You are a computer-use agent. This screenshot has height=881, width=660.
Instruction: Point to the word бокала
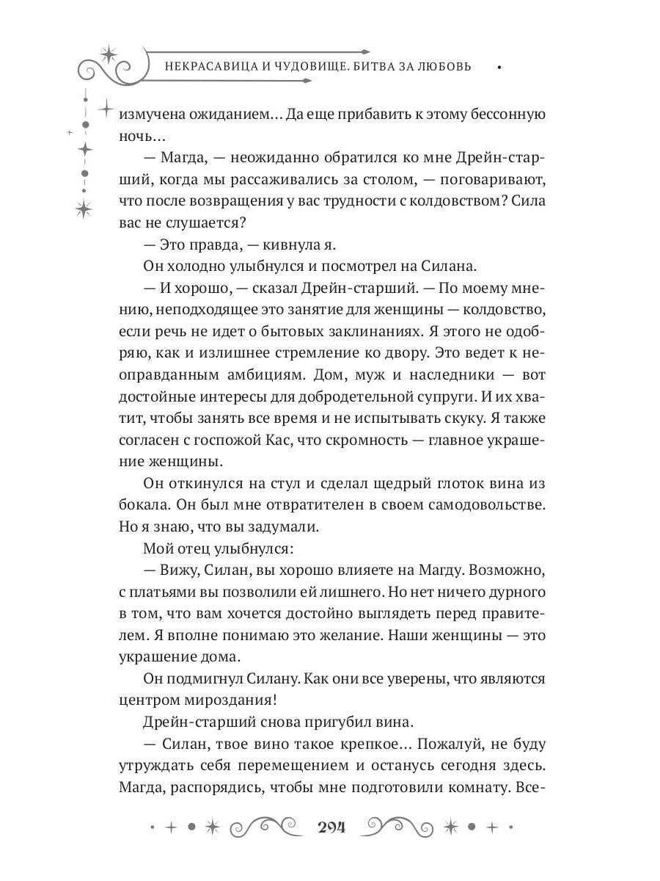[140, 505]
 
